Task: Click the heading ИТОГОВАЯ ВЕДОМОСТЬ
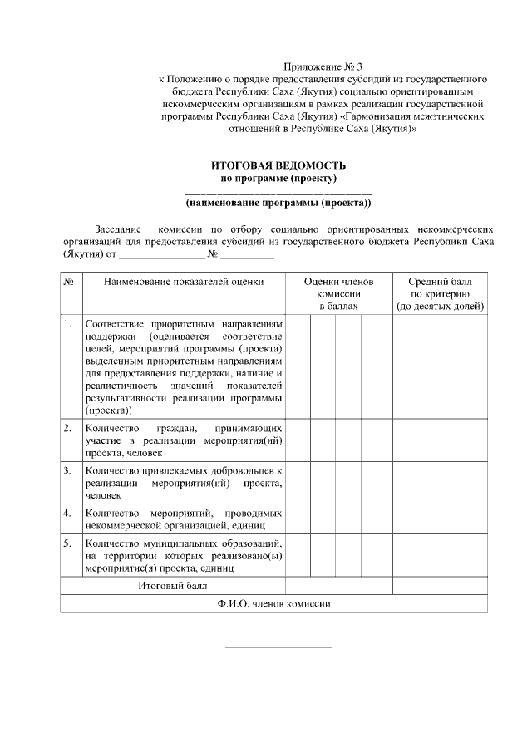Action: pos(278,166)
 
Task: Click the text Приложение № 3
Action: pos(324,65)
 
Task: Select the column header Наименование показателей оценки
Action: pos(183,282)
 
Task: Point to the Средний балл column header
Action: pos(440,294)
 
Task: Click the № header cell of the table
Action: pos(70,282)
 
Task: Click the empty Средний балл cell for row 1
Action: pos(440,366)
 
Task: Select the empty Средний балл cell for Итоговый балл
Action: pos(440,586)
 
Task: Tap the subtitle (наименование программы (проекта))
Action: pos(278,202)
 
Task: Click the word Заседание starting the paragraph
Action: pos(119,227)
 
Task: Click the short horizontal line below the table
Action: pos(278,646)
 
